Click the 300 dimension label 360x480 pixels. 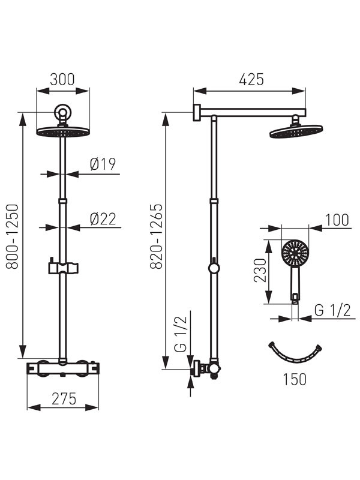(x=62, y=79)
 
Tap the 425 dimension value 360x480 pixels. (x=251, y=80)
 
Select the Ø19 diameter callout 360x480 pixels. (x=103, y=164)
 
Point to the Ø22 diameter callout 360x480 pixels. (x=103, y=219)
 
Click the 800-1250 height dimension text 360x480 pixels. (x=13, y=236)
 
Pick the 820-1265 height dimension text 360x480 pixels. (x=156, y=236)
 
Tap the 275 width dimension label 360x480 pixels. (x=64, y=398)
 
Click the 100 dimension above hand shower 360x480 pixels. (x=337, y=220)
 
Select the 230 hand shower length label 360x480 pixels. (x=260, y=271)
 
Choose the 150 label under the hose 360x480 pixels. (x=294, y=379)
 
